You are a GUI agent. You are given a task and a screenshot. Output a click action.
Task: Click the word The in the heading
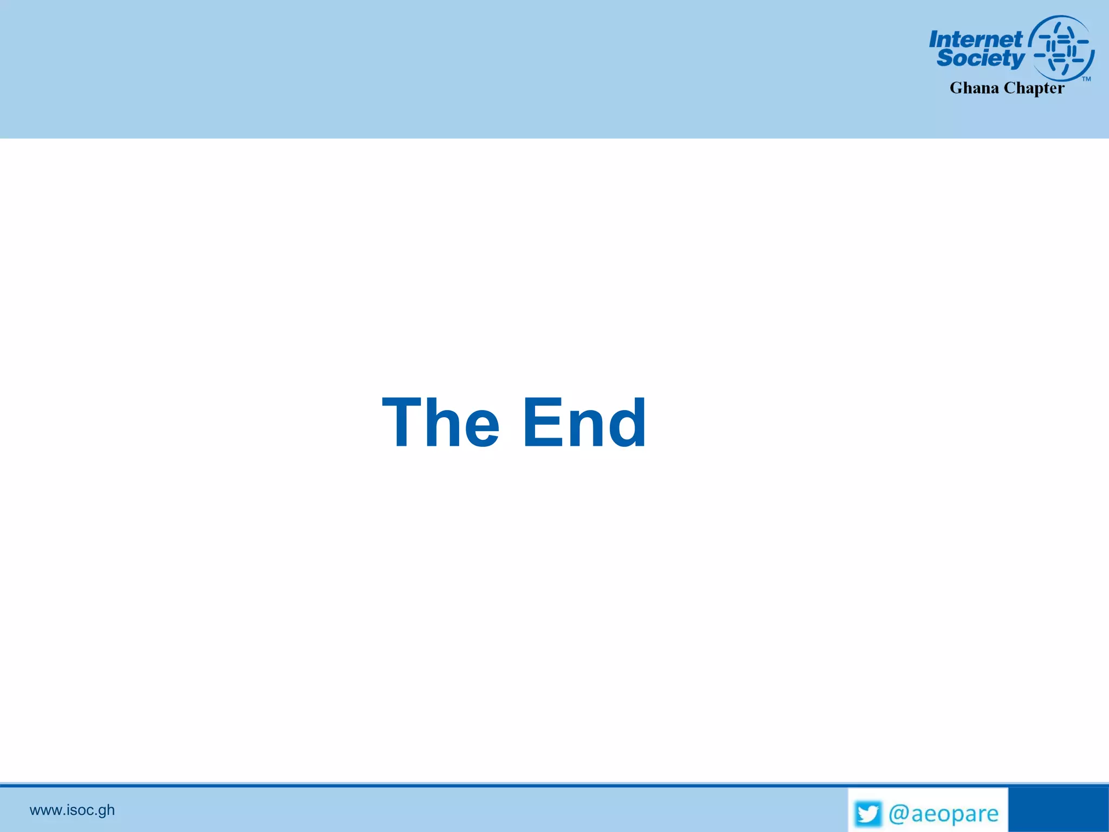[x=440, y=422]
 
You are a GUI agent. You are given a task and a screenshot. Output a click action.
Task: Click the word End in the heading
[x=584, y=422]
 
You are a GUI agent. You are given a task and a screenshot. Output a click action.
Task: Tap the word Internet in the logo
[x=975, y=39]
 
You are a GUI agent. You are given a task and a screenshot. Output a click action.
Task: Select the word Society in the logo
[x=981, y=58]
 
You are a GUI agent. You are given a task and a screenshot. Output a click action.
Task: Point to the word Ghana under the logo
[x=974, y=88]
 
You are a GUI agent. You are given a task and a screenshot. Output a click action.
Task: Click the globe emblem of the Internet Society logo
[x=1062, y=48]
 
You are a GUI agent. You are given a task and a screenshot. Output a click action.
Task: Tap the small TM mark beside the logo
[x=1086, y=79]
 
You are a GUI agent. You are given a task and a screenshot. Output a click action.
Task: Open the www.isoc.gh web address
[x=72, y=810]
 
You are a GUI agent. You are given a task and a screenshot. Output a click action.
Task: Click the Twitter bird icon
[x=868, y=814]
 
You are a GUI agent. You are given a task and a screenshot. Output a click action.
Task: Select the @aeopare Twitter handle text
[x=943, y=814]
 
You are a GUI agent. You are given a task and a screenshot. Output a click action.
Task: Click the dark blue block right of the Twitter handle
[x=1058, y=809]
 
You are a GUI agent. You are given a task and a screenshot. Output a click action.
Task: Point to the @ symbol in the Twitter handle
[x=898, y=814]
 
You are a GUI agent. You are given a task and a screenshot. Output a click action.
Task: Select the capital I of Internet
[x=935, y=40]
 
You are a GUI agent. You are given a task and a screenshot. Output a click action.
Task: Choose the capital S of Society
[x=945, y=57]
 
